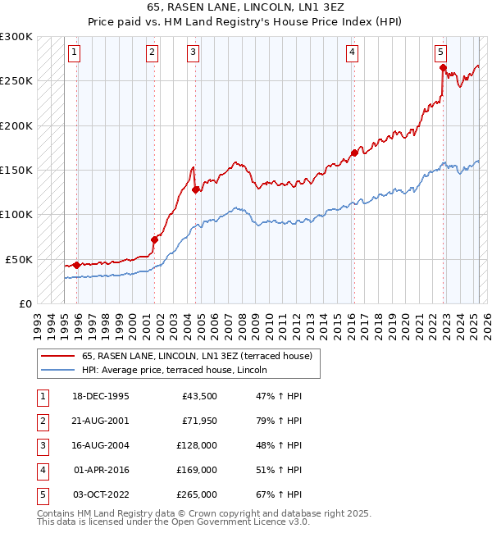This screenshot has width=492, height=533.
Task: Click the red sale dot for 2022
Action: point(443,68)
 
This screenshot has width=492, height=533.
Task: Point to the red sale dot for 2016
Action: point(354,153)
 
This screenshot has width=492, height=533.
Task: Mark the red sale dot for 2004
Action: point(196,189)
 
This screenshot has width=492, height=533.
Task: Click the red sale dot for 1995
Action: point(77,265)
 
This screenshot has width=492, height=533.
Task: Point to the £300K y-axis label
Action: point(16,37)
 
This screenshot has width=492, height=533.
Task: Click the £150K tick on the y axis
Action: point(16,170)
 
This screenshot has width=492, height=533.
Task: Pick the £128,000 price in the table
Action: point(196,445)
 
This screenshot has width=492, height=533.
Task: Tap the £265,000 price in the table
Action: point(196,494)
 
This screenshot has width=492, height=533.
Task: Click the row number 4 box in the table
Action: point(42,470)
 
